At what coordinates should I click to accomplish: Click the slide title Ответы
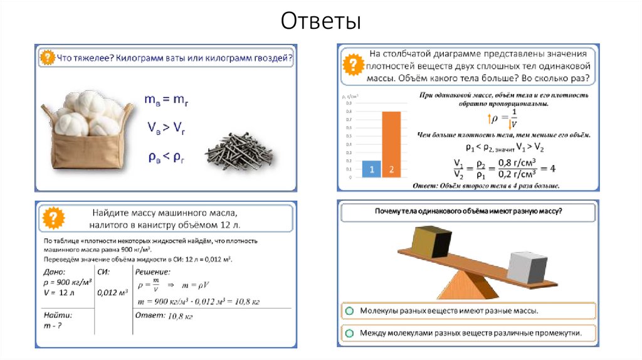[x=320, y=21]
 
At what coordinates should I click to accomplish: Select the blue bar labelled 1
[x=371, y=169]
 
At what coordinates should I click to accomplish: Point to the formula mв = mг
[x=164, y=99]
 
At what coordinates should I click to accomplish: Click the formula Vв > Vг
[x=165, y=128]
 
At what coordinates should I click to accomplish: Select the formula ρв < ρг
[x=165, y=157]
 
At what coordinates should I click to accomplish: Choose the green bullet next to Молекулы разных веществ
[x=349, y=310]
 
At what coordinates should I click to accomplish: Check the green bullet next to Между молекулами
[x=349, y=332]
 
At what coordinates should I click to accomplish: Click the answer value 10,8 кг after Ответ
[x=180, y=316]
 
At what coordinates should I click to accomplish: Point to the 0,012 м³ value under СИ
[x=113, y=292]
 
